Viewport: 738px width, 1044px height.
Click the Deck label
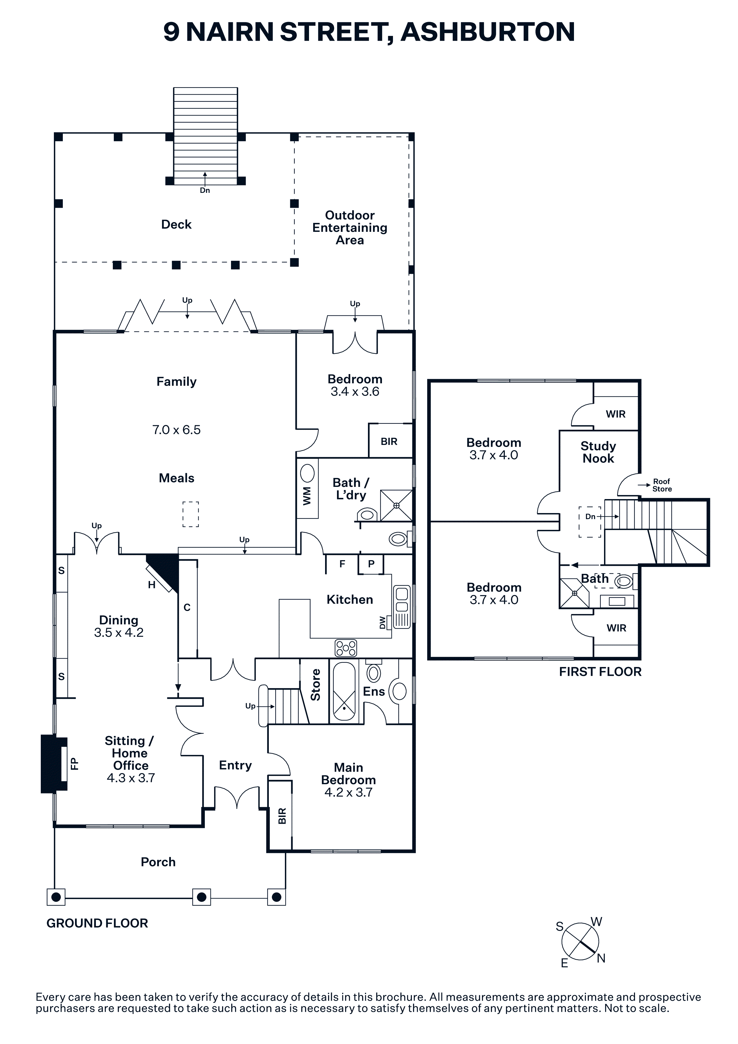[177, 225]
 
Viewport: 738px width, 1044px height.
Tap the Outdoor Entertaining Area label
[350, 228]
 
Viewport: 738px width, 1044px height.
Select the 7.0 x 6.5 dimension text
[177, 430]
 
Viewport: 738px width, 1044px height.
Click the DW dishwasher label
[383, 623]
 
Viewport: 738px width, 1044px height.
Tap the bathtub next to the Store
[344, 692]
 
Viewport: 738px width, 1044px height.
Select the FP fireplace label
[74, 763]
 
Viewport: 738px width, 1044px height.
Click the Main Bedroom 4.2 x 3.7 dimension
[348, 792]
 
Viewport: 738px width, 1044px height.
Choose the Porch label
[158, 862]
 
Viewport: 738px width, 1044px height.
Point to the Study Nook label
[598, 452]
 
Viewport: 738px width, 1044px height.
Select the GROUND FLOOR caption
[97, 923]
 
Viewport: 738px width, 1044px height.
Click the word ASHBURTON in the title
[488, 32]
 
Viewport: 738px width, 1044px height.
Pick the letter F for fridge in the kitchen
[342, 564]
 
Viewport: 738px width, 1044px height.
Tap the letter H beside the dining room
[152, 585]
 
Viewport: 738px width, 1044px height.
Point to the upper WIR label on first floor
[616, 414]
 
